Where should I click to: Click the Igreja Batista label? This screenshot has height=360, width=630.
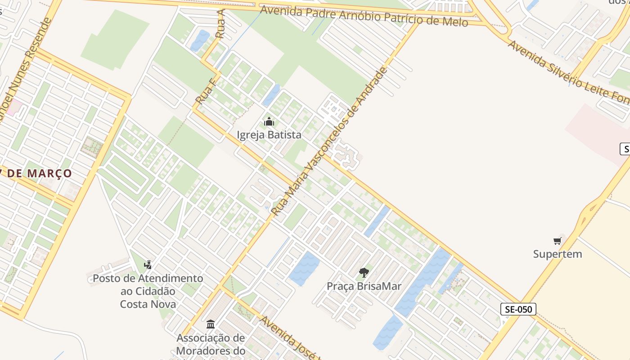click(269, 135)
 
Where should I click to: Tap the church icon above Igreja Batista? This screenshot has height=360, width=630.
click(269, 122)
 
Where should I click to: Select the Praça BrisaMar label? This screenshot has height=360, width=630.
click(364, 286)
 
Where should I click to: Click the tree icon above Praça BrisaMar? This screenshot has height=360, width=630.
click(364, 272)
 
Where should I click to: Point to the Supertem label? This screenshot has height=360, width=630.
click(558, 254)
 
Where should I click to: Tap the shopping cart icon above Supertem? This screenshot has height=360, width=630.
click(558, 241)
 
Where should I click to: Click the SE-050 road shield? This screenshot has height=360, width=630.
click(518, 309)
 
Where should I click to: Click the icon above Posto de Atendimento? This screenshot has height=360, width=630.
click(148, 265)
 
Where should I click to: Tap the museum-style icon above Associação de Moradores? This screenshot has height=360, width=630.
click(211, 324)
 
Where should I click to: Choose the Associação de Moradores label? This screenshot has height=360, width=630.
click(211, 344)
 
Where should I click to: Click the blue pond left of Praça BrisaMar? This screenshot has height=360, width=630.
click(305, 268)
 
